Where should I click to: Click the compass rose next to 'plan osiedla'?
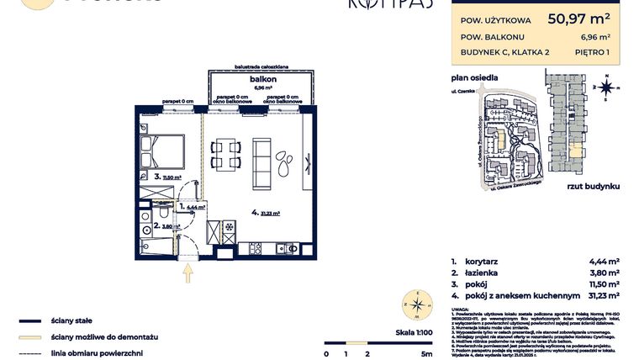[x=608, y=85]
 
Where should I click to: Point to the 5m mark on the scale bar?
[x=425, y=354]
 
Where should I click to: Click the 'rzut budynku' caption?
[x=594, y=184]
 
